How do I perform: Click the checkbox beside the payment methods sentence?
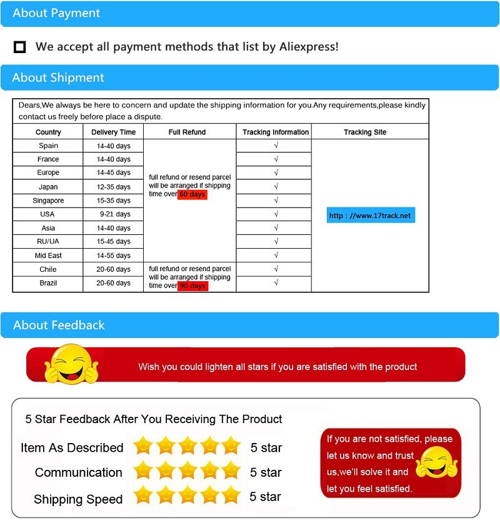(x=20, y=47)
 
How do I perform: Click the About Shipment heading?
(x=58, y=77)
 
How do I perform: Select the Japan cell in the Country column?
(x=48, y=187)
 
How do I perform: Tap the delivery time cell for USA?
(x=113, y=214)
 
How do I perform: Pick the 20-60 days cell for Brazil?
(x=113, y=283)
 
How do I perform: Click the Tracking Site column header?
(x=365, y=132)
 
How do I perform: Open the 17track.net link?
(x=370, y=216)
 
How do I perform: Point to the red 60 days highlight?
(x=192, y=194)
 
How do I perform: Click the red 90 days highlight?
(x=192, y=286)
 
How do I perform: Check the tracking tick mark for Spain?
(x=276, y=146)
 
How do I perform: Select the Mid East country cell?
(x=48, y=256)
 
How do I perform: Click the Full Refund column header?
(x=187, y=132)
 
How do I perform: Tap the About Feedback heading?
(x=59, y=325)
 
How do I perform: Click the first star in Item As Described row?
(x=144, y=446)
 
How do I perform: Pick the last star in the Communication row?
(x=231, y=471)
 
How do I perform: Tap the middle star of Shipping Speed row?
(x=187, y=496)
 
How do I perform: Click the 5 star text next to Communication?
(x=266, y=472)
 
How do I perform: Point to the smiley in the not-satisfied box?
(x=436, y=462)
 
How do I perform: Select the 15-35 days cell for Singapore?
(x=113, y=201)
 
